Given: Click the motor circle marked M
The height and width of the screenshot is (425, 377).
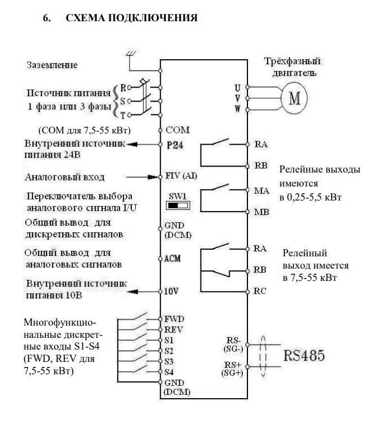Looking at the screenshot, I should (294, 98).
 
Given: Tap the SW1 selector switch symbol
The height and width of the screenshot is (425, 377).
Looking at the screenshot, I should (178, 205).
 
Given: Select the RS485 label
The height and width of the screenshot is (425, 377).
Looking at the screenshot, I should (304, 355).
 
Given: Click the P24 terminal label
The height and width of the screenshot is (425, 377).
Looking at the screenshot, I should (174, 144).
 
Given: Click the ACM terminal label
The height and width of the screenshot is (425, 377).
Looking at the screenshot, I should (174, 259).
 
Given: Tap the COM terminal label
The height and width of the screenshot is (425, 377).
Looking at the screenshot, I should (177, 130).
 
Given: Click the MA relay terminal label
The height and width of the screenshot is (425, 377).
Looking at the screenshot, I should (261, 190).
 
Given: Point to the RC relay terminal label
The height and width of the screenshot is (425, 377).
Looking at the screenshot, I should (260, 290).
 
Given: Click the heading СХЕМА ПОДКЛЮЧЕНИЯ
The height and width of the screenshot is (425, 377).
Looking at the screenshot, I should (131, 18).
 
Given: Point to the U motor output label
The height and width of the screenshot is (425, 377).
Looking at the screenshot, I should (237, 88).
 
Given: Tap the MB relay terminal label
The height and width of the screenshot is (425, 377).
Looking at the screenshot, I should (261, 212).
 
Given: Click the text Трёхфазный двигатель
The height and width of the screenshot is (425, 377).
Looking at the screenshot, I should (295, 66).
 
